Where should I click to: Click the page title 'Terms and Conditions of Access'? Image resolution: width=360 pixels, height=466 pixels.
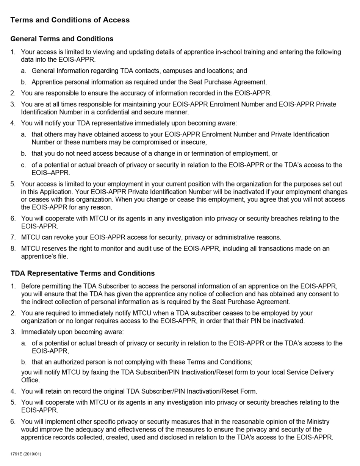pyautogui.click(x=70, y=20)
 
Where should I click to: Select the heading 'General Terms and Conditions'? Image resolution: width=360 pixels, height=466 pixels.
pyautogui.click(x=62, y=39)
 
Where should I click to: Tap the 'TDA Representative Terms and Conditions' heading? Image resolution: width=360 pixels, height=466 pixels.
pyautogui.click(x=82, y=274)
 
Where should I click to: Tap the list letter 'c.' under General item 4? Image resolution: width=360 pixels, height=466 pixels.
pyautogui.click(x=23, y=165)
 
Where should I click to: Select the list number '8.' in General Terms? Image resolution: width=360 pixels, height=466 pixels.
pyautogui.click(x=13, y=249)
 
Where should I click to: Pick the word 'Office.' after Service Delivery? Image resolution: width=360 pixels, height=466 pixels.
pyautogui.click(x=30, y=380)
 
